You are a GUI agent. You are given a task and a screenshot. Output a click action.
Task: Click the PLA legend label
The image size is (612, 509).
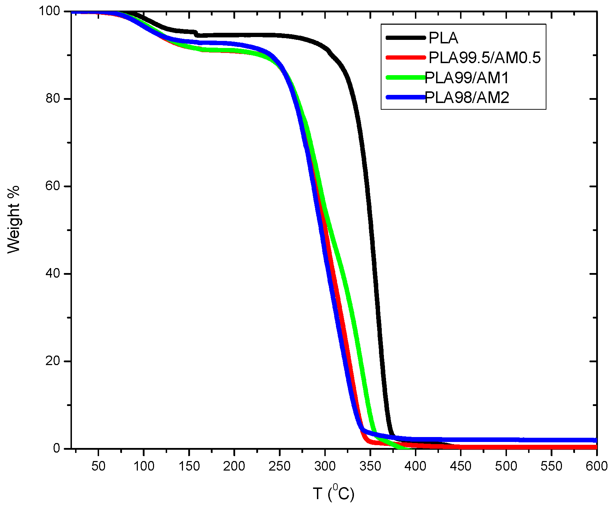pyautogui.click(x=443, y=38)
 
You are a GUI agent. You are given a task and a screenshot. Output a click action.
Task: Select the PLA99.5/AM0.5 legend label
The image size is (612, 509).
pyautogui.click(x=484, y=58)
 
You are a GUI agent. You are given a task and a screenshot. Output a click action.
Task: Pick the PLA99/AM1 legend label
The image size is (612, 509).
pyautogui.click(x=467, y=78)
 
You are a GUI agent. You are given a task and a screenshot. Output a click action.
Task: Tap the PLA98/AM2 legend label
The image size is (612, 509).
pyautogui.click(x=467, y=98)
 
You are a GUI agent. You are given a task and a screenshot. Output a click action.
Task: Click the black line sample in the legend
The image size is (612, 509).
pyautogui.click(x=405, y=37)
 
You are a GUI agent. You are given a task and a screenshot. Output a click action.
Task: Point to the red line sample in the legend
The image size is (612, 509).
pyautogui.click(x=405, y=57)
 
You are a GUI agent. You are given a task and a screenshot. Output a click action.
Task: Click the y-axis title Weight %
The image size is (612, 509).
pyautogui.click(x=14, y=219)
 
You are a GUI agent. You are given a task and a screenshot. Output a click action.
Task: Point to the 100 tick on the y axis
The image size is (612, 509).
pyautogui.click(x=49, y=11)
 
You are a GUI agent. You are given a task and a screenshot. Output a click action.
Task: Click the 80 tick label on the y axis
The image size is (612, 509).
pyautogui.click(x=53, y=98)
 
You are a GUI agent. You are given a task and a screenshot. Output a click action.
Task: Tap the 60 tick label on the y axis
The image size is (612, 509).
pyautogui.click(x=53, y=186)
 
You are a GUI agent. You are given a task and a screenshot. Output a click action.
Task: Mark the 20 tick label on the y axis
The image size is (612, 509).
pyautogui.click(x=53, y=361)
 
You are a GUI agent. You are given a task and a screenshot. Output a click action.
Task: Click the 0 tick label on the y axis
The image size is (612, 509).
pyautogui.click(x=56, y=448)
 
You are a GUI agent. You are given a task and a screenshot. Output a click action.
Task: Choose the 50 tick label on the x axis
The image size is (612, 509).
pyautogui.click(x=98, y=466)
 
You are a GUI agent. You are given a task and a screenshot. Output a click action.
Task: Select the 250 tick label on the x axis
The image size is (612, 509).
pyautogui.click(x=279, y=466)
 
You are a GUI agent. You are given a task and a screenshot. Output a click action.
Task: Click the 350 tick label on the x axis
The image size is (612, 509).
pyautogui.click(x=370, y=466)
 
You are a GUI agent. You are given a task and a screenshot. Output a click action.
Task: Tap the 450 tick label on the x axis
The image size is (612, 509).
pyautogui.click(x=460, y=466)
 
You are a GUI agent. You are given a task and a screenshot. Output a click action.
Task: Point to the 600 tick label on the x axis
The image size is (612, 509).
pyautogui.click(x=596, y=466)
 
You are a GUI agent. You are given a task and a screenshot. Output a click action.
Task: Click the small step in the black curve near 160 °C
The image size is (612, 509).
pyautogui.click(x=197, y=34)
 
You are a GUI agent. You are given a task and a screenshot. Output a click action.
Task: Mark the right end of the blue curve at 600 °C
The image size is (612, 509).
pyautogui.click(x=596, y=440)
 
